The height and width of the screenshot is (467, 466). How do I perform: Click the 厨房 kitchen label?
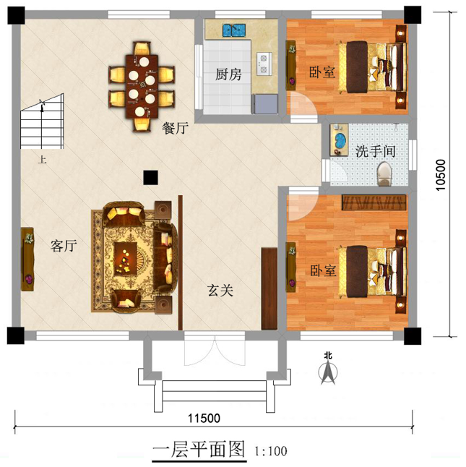point(228,74)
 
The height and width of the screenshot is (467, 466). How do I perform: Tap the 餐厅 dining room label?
point(175,128)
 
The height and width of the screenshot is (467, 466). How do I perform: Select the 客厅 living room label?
point(64,246)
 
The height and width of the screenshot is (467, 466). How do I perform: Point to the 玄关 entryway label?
point(220,290)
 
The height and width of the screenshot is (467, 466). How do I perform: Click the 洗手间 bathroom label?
point(376,151)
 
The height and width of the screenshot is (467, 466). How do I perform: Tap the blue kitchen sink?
point(234,30)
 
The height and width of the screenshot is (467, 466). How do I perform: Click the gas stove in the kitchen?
point(264,64)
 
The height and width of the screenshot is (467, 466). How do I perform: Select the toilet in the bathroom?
point(384,174)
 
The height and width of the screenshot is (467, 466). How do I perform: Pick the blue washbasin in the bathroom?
point(340,140)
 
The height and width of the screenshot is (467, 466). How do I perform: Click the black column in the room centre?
point(150,178)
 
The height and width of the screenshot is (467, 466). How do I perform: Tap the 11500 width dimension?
point(204,418)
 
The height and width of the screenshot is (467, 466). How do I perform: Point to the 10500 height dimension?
point(440,175)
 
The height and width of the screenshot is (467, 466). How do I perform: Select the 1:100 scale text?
point(270,451)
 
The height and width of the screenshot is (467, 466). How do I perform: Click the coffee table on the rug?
point(125,258)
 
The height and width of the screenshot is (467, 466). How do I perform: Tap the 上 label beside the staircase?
point(42,160)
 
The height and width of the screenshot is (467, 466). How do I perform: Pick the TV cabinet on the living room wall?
point(27,259)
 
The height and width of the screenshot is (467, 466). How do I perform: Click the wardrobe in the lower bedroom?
point(375,202)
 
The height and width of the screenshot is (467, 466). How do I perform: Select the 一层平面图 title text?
point(199,449)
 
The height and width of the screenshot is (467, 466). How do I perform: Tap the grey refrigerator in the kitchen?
point(265,104)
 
